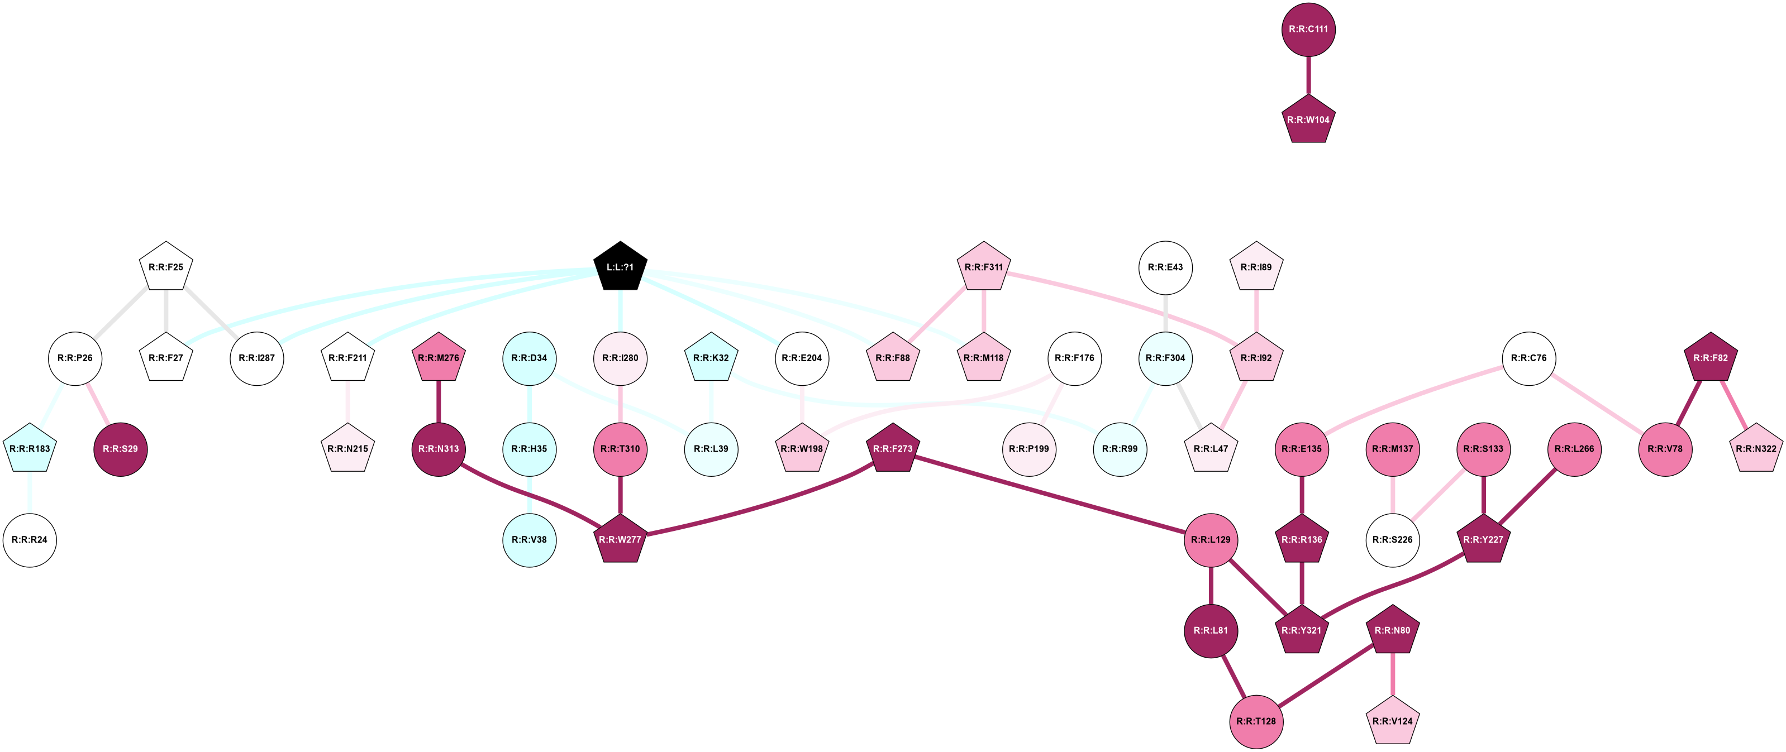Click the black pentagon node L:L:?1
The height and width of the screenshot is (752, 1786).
click(620, 267)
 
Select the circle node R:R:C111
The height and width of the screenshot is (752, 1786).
click(1308, 29)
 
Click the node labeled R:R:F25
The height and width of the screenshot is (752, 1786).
click(166, 267)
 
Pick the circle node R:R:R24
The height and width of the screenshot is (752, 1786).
click(30, 539)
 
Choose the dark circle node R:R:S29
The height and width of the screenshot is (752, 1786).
click(120, 448)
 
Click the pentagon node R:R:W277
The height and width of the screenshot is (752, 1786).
click(620, 539)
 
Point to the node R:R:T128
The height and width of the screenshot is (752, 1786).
click(1256, 721)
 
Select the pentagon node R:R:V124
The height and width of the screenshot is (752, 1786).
click(1392, 721)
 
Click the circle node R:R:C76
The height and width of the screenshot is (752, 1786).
click(1529, 358)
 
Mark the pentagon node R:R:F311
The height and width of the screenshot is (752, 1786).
click(984, 267)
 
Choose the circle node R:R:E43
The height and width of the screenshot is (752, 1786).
click(1165, 267)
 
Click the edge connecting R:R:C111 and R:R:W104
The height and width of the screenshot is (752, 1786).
click(1308, 74)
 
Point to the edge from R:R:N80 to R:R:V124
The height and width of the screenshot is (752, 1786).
click(1392, 675)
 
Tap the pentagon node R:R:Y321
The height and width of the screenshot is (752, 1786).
click(1301, 630)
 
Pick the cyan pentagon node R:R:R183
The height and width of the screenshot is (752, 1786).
click(30, 448)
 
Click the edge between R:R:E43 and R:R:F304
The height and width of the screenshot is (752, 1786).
click(1165, 313)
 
